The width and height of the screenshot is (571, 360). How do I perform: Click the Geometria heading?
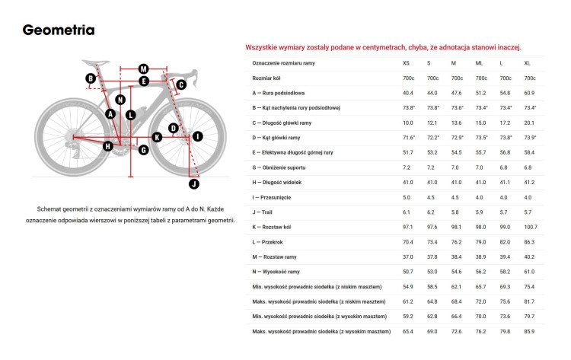coord(59,30)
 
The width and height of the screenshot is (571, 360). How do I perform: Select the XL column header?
coord(528,62)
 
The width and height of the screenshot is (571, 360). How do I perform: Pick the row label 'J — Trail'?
coord(264,212)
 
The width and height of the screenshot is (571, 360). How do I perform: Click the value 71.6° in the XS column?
coord(409,137)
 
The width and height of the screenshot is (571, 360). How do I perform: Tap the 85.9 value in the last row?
coord(529,331)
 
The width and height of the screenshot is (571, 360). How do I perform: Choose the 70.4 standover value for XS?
coord(408,241)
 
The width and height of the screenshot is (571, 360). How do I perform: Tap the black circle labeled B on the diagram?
coord(90,78)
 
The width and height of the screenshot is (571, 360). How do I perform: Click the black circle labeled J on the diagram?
coord(193,183)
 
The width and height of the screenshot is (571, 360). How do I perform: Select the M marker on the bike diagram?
coord(143,68)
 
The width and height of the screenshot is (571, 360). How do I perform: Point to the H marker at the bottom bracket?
coord(107,145)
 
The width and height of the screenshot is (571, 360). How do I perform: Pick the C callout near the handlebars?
coord(181,84)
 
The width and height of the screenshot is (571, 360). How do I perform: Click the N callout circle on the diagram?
coord(120,100)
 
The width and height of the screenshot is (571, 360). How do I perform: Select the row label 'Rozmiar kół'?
coord(270,78)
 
